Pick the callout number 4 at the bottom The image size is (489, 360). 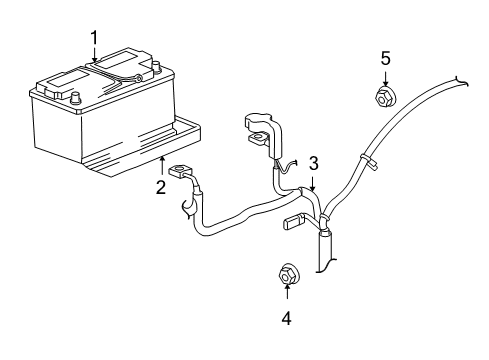click(x=287, y=319)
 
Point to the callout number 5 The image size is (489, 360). click(x=385, y=58)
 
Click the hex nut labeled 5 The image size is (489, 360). click(x=385, y=98)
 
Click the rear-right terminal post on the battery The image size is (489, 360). click(x=156, y=68)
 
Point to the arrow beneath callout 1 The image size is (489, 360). click(x=95, y=56)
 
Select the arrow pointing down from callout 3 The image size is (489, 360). click(x=313, y=181)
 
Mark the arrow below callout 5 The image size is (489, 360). click(x=385, y=78)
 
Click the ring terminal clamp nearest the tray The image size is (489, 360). click(x=181, y=173)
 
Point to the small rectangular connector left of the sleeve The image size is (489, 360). click(x=295, y=221)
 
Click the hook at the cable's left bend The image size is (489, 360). click(x=187, y=208)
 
